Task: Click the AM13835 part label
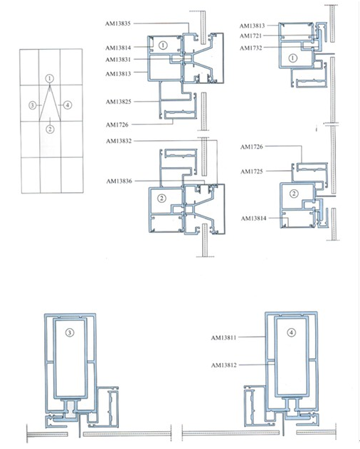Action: [119, 23]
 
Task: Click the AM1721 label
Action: [250, 36]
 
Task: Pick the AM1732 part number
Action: [250, 48]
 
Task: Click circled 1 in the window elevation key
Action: [49, 77]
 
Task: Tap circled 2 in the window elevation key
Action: [49, 129]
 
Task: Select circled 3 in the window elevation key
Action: [32, 105]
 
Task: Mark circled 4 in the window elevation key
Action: [68, 105]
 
